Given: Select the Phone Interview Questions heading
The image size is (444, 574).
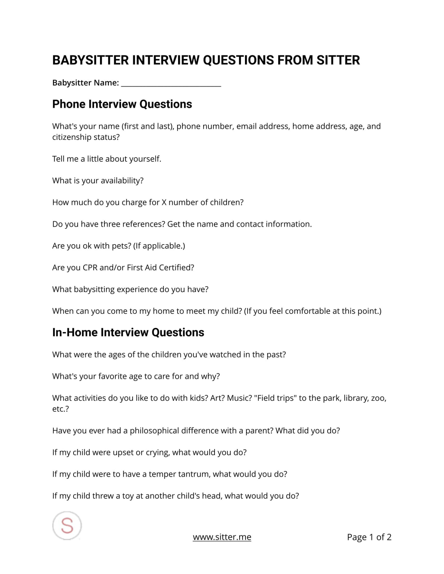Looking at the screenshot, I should (x=122, y=104).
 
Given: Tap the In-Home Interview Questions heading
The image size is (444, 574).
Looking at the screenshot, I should (x=128, y=332).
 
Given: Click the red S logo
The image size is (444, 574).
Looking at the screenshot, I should (x=67, y=525).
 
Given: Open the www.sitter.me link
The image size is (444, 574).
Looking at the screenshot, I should (x=222, y=537).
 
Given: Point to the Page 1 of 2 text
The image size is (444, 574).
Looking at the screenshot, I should (x=369, y=537).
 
